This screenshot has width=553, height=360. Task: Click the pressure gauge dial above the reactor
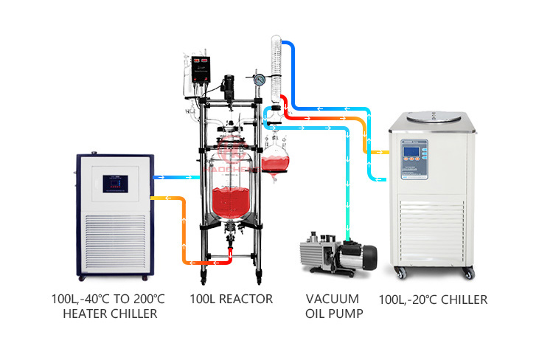pyautogui.click(x=260, y=80)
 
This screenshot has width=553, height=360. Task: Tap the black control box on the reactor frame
pyautogui.click(x=203, y=70)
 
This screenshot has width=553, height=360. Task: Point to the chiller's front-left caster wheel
pyautogui.click(x=403, y=273)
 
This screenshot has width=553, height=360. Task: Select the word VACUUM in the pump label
pyautogui.click(x=333, y=300)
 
